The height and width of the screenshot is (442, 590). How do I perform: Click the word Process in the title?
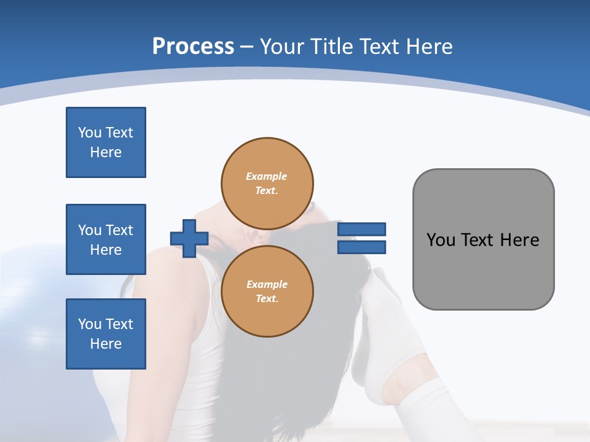(x=193, y=47)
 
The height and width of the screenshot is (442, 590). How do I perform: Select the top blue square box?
(x=106, y=142)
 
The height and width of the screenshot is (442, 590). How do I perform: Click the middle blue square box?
(x=106, y=239)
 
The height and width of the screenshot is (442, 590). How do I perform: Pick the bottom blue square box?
(x=106, y=334)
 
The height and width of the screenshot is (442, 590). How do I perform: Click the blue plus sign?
(x=189, y=238)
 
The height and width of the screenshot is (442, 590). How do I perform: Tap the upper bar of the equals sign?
(x=361, y=229)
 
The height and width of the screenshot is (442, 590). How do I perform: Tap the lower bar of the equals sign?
(x=361, y=247)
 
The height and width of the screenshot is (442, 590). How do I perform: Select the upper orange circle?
(x=267, y=184)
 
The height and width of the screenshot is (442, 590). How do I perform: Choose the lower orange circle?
(x=267, y=292)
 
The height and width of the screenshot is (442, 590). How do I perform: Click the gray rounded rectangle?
(x=483, y=270)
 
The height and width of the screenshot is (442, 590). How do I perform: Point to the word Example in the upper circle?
(x=266, y=176)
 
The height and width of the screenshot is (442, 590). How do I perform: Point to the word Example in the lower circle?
(x=266, y=284)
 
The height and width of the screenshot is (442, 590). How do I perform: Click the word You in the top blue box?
(x=90, y=133)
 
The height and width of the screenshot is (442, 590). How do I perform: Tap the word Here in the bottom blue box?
(x=106, y=344)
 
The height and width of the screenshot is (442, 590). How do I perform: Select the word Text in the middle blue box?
(x=119, y=230)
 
